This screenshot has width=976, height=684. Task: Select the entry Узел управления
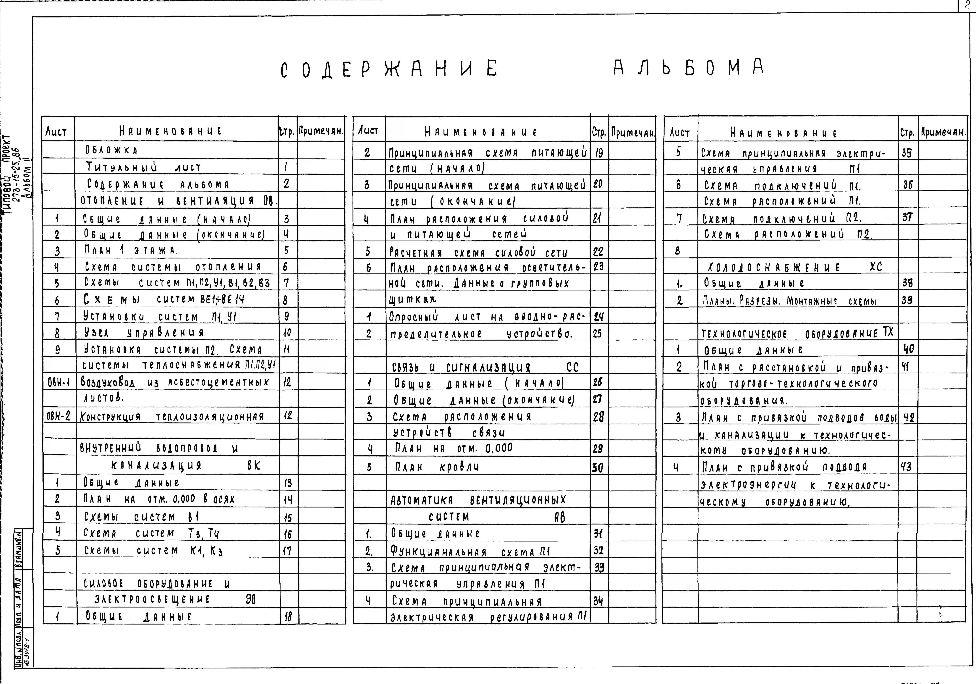[x=144, y=332]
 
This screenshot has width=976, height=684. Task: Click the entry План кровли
[x=437, y=467]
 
